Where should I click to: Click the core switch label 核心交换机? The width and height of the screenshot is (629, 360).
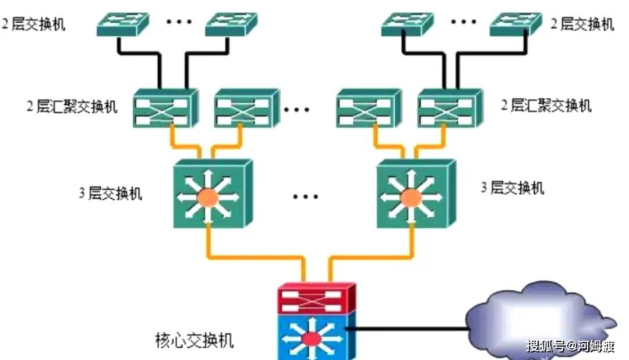195,340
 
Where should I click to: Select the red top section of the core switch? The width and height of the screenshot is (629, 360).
315,298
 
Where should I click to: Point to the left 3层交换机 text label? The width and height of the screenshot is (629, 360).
111,193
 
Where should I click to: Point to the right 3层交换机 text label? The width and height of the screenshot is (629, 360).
513,188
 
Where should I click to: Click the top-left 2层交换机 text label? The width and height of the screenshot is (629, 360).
34,24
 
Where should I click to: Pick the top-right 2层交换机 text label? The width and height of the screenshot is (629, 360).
582,24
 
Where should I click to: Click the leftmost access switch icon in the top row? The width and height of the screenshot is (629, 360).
122,23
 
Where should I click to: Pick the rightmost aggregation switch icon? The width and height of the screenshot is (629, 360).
449,108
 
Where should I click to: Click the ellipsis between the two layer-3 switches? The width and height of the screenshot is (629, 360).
305,196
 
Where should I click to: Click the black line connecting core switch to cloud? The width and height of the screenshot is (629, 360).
408,329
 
